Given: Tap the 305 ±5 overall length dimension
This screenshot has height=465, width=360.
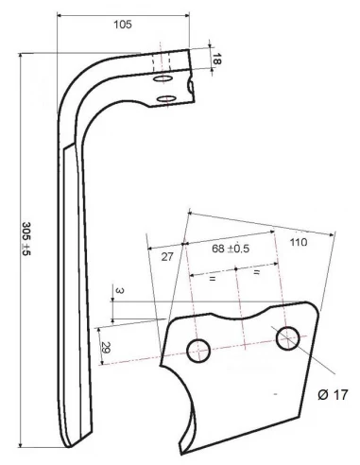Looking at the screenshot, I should [26, 241].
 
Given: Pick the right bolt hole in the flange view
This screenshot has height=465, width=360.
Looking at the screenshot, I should [287, 338].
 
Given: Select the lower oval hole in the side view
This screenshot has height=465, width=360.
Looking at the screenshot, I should [164, 98].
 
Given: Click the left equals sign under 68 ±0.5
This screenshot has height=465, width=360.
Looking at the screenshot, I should [212, 281].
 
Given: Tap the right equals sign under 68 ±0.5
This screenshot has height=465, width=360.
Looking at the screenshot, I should [256, 273].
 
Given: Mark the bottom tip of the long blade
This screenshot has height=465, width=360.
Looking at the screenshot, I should [70, 444].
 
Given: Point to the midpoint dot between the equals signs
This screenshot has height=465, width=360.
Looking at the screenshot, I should [236, 270].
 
